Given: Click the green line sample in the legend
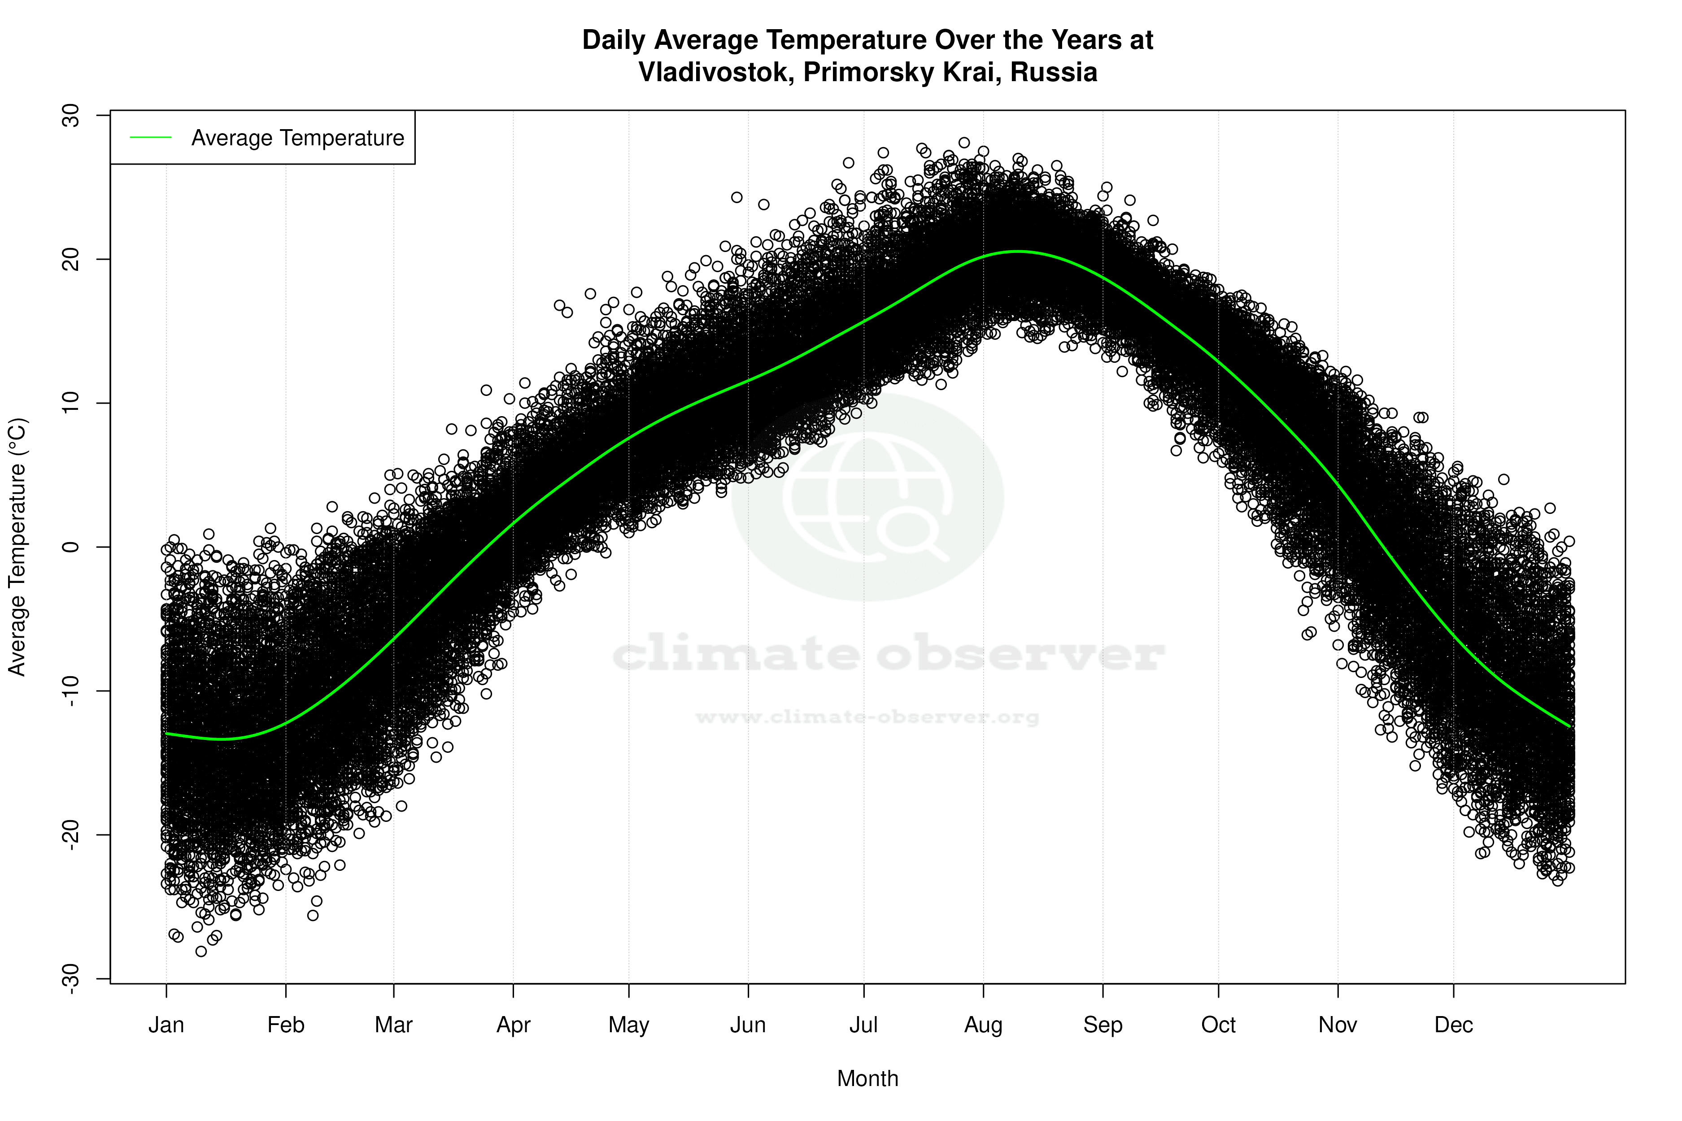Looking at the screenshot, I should pyautogui.click(x=151, y=137).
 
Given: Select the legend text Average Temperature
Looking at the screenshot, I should pyautogui.click(x=297, y=138).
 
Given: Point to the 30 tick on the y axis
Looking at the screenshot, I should pyautogui.click(x=71, y=115).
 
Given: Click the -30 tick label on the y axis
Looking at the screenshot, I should pyautogui.click(x=71, y=978).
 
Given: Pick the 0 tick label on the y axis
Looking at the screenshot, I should pyautogui.click(x=71, y=547).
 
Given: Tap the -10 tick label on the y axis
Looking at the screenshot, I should pyautogui.click(x=71, y=691).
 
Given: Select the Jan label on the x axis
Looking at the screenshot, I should pyautogui.click(x=166, y=1025).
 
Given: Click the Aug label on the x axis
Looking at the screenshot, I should pyautogui.click(x=983, y=1025).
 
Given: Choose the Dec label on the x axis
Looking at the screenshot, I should pyautogui.click(x=1453, y=1025).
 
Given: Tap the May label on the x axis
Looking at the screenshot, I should pyautogui.click(x=628, y=1025).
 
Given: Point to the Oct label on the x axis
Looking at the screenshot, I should pyautogui.click(x=1218, y=1025).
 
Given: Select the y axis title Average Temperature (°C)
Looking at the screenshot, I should pyautogui.click(x=17, y=547).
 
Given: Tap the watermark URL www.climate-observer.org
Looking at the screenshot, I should pyautogui.click(x=867, y=717).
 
